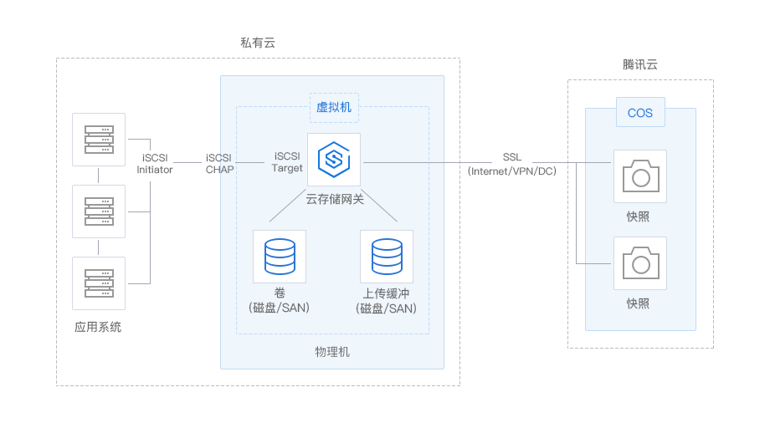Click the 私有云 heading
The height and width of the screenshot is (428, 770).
point(257,43)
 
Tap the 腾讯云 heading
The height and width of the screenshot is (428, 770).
point(640,64)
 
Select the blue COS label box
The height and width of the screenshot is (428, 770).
point(640,112)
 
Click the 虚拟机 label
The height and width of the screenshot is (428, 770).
point(334,107)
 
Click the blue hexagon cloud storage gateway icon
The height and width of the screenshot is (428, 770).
point(334,160)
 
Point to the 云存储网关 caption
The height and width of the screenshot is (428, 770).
point(335,199)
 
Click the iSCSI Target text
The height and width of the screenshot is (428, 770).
point(287,162)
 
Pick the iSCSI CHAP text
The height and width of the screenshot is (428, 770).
point(219,164)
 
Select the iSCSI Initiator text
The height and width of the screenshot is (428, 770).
point(155,164)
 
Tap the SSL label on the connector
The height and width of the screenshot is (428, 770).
point(511,157)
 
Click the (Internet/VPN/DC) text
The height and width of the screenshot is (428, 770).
point(511,171)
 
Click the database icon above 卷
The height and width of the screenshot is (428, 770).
point(280,257)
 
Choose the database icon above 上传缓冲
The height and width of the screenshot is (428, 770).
point(387,257)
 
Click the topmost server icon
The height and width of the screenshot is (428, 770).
point(100,140)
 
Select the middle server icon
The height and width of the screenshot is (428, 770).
point(100,211)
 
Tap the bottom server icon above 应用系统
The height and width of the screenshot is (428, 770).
point(100,283)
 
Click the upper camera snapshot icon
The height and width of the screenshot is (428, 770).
point(641,176)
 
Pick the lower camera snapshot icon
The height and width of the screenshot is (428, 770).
point(641,262)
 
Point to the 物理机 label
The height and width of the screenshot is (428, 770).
point(332,352)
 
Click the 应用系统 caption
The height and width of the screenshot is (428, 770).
point(98,327)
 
